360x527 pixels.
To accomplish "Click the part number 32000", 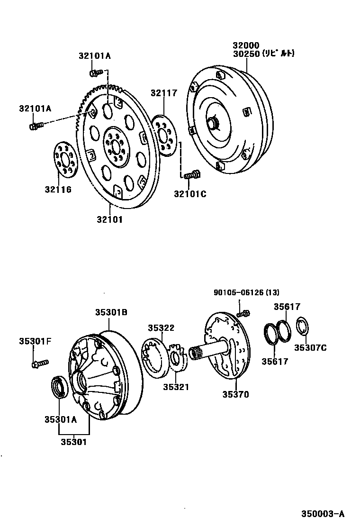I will (x=245, y=45).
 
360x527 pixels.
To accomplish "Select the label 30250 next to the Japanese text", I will (x=245, y=54).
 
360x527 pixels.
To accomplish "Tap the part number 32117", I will (x=164, y=93).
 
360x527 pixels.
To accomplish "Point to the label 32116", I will (x=58, y=190).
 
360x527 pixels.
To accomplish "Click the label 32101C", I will (x=190, y=193).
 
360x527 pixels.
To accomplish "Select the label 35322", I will (x=161, y=327).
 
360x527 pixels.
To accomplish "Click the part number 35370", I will (x=235, y=394).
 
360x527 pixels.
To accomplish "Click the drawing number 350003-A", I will (x=323, y=514).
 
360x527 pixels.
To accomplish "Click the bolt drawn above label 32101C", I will (x=191, y=175).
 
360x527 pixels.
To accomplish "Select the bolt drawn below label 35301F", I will (x=39, y=363).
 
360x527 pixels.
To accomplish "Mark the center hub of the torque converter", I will (x=214, y=124).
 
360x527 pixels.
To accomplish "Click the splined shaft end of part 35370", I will (x=197, y=353).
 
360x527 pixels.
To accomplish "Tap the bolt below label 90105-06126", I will (x=243, y=313).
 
